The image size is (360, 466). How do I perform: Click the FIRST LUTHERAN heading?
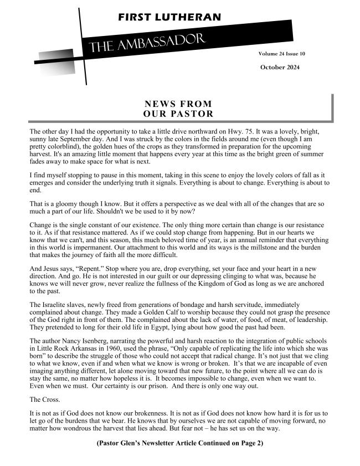[169, 17]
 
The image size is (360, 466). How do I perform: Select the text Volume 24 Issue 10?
[281, 54]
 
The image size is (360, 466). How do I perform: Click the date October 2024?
[280, 67]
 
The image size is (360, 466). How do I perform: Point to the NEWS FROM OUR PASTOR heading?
[178, 109]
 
